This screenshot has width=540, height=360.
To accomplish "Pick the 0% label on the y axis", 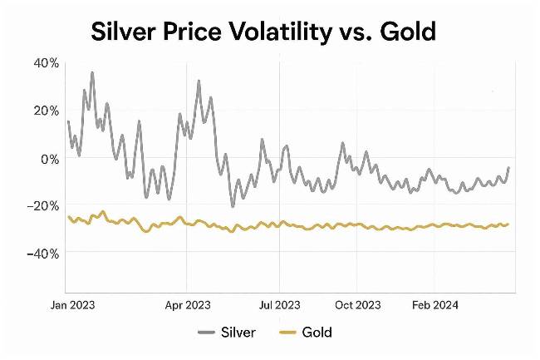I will pyautogui.click(x=49, y=158).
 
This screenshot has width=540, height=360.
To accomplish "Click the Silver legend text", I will pyautogui.click(x=239, y=333).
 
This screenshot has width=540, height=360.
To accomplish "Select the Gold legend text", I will pyautogui.click(x=317, y=333).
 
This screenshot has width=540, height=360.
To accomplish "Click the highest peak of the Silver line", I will pyautogui.click(x=92, y=72).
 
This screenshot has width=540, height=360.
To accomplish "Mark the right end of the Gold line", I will pyautogui.click(x=508, y=224).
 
